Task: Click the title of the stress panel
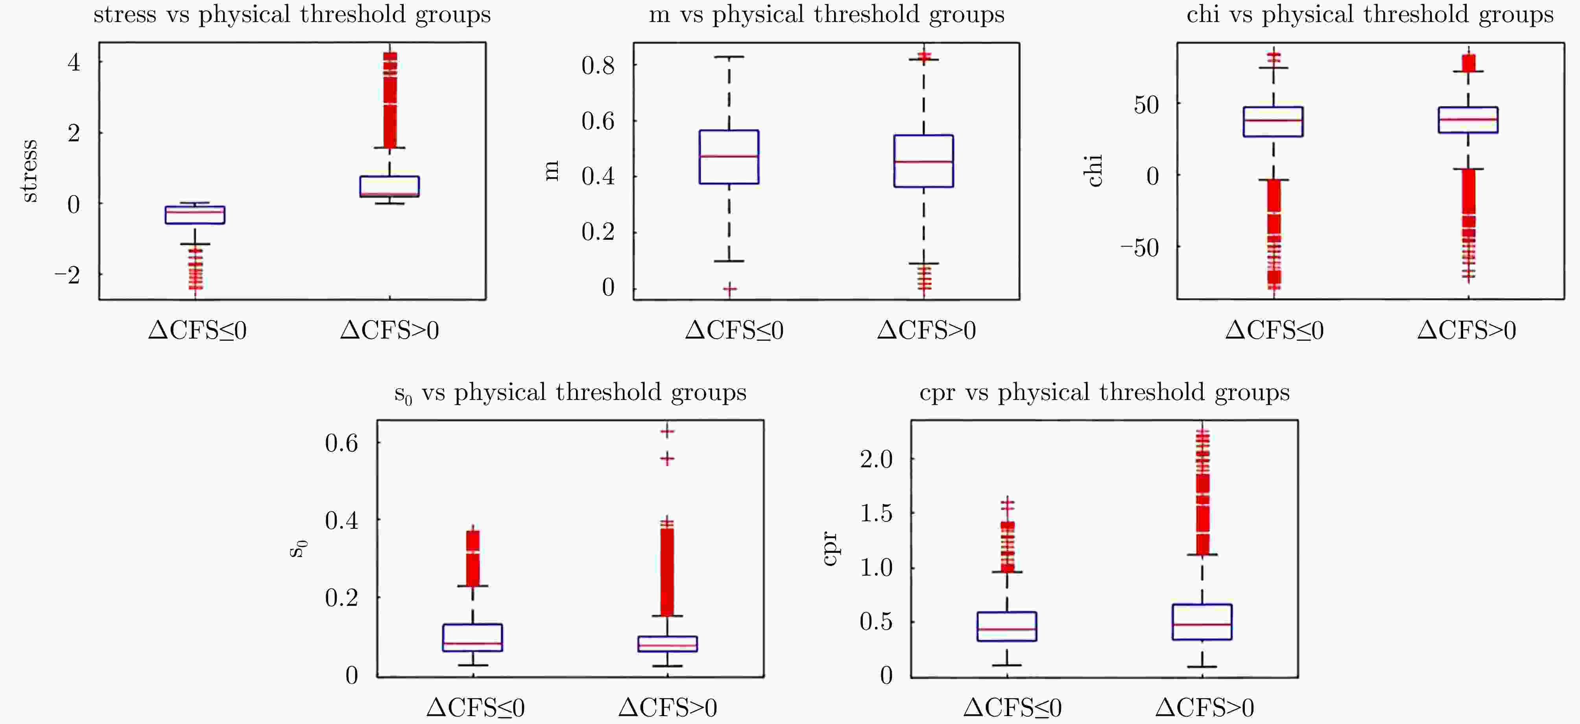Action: point(292,15)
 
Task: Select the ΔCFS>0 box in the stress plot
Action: point(389,187)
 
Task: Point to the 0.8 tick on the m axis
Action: point(598,65)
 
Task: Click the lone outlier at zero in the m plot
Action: point(729,288)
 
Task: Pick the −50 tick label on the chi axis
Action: point(1140,248)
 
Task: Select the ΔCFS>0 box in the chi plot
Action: point(1468,120)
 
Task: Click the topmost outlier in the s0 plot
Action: point(667,431)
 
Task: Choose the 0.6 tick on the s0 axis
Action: point(341,443)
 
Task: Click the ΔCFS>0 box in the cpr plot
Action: point(1202,622)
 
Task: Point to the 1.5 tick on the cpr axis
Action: point(876,513)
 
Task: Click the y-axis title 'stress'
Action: point(29,170)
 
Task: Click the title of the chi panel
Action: point(1370,15)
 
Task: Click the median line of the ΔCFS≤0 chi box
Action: point(1273,120)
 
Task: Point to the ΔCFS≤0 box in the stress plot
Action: point(195,215)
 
